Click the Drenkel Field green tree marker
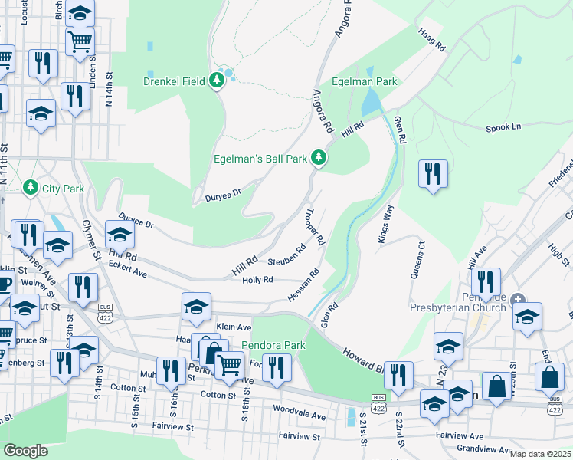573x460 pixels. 217,80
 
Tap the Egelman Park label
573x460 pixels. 364,80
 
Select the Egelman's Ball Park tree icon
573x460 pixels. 319,159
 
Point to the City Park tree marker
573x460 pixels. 31,187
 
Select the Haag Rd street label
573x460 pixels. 432,41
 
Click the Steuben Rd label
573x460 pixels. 286,257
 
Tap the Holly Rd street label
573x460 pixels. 257,280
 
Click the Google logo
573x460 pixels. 25,450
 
